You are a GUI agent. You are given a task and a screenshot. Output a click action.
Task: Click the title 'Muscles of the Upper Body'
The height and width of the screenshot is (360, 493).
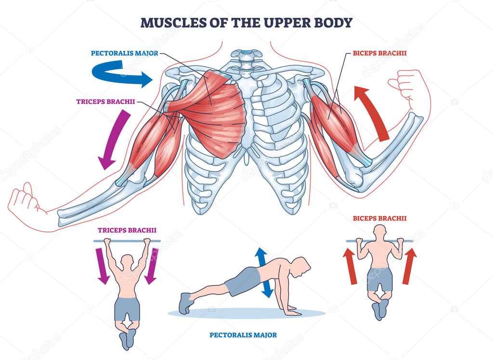(x=246, y=22)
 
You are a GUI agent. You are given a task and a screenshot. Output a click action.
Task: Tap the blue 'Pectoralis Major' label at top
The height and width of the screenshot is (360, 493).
(x=124, y=53)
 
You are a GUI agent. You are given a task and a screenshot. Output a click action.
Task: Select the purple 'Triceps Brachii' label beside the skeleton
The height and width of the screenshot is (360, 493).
(x=105, y=102)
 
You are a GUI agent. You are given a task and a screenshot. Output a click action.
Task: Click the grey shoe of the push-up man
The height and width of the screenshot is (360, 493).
(x=186, y=302)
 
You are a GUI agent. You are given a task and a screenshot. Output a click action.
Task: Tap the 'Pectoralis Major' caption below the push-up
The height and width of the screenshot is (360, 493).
(x=243, y=334)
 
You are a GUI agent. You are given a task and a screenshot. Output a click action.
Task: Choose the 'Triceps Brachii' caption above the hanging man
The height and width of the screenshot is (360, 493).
(x=127, y=230)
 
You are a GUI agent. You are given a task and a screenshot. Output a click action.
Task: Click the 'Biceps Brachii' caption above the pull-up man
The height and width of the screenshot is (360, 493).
(x=379, y=218)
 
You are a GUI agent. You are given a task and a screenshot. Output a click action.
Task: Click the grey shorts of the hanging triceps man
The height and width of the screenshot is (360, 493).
(x=128, y=309)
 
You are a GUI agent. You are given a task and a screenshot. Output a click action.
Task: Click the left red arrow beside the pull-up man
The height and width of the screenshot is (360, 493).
(x=350, y=266)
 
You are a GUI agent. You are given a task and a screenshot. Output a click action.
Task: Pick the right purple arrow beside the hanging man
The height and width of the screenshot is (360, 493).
(x=152, y=265)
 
